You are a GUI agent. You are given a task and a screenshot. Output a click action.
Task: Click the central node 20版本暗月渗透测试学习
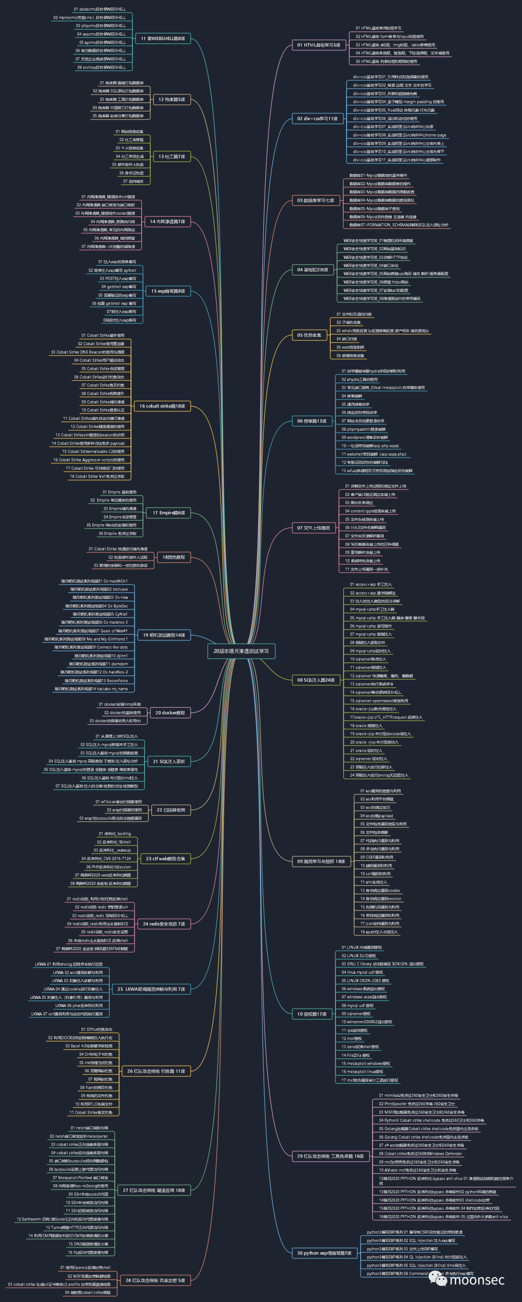coord(241,651)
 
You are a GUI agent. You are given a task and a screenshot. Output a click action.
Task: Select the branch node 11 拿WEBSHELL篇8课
coord(162,39)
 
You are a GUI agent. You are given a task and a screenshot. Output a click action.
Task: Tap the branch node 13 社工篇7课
coord(172,157)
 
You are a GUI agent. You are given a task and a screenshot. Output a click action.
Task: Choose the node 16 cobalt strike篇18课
coord(162,406)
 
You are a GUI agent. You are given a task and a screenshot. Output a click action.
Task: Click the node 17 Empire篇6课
coord(168,513)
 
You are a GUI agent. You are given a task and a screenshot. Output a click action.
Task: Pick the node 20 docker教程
coord(170,713)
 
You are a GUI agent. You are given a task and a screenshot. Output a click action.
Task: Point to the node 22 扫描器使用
coord(171,810)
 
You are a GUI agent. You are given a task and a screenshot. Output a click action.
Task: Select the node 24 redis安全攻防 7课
coord(163,924)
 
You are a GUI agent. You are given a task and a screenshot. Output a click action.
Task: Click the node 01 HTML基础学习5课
coord(319,45)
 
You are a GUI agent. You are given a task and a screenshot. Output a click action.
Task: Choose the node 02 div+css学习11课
coord(317,119)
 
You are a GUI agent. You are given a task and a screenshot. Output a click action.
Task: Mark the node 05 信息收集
coord(309,335)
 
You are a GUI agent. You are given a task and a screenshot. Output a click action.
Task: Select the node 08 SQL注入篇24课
coord(316,680)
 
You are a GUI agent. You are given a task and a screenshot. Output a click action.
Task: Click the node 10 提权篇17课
coord(312,1014)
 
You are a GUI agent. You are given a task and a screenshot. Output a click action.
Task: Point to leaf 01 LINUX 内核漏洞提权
coord(362,948)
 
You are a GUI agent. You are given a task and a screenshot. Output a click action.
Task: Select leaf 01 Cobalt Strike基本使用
coord(102,335)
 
